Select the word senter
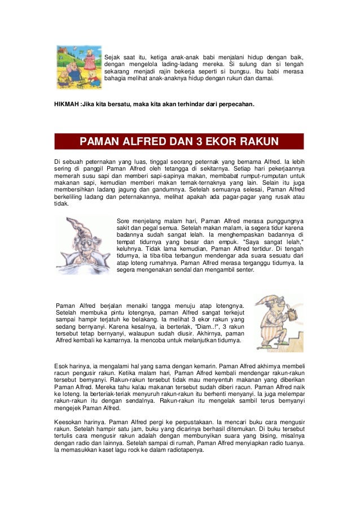pos(245,269)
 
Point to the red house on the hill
pos(63,52)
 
